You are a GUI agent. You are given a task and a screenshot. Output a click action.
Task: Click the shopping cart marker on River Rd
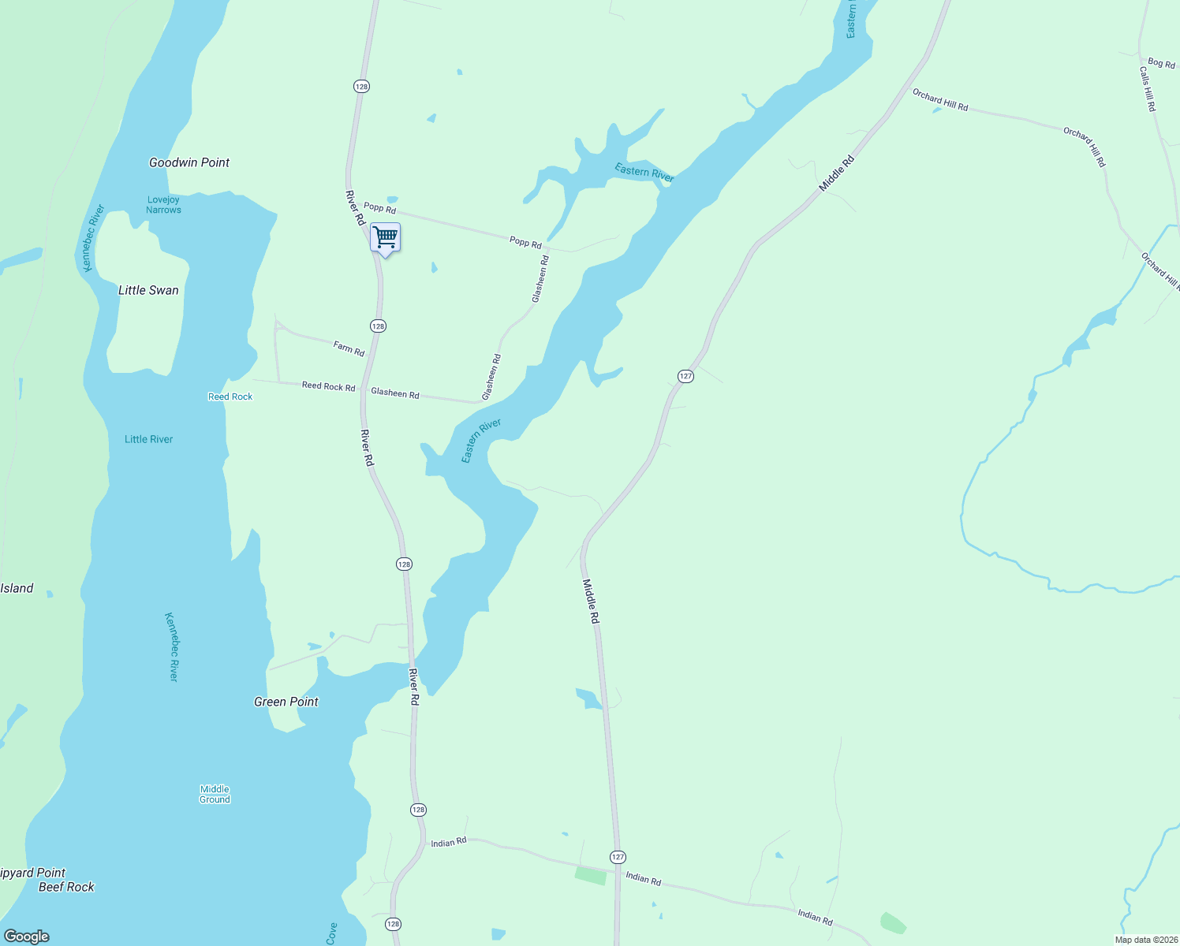pos(385,237)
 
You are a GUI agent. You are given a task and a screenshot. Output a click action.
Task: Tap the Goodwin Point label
pos(189,162)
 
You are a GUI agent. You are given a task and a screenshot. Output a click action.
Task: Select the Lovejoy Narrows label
pos(163,205)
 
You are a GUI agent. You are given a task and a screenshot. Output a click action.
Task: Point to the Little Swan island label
pos(148,290)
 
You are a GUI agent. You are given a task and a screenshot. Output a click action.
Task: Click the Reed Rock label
pos(230,397)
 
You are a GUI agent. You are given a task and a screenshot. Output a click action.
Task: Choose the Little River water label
pos(148,439)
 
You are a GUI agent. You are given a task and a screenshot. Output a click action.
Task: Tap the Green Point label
pos(286,702)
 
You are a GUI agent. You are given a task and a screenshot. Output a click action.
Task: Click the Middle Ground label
pos(215,794)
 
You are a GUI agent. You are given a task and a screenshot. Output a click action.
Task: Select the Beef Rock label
pos(66,887)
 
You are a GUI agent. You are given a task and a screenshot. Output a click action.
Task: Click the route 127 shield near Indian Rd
pos(618,857)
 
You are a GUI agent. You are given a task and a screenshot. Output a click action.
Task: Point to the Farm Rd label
pos(349,348)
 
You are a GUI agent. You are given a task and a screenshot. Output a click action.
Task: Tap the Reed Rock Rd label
pos(328,386)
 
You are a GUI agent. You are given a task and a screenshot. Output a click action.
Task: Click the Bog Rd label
pos(1161,63)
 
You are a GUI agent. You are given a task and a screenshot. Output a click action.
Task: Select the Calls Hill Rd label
pos(1147,88)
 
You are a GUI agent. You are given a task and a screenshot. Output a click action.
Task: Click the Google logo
pos(27,937)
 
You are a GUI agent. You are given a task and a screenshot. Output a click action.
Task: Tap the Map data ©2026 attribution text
pos(1145,940)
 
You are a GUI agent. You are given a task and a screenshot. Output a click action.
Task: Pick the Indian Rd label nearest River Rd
pos(449,843)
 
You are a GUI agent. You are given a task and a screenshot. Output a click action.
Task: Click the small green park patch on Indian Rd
pos(591,875)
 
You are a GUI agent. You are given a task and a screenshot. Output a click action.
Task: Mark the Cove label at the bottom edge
pos(331,933)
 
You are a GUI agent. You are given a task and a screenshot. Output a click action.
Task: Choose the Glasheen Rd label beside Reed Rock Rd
pos(395,393)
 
